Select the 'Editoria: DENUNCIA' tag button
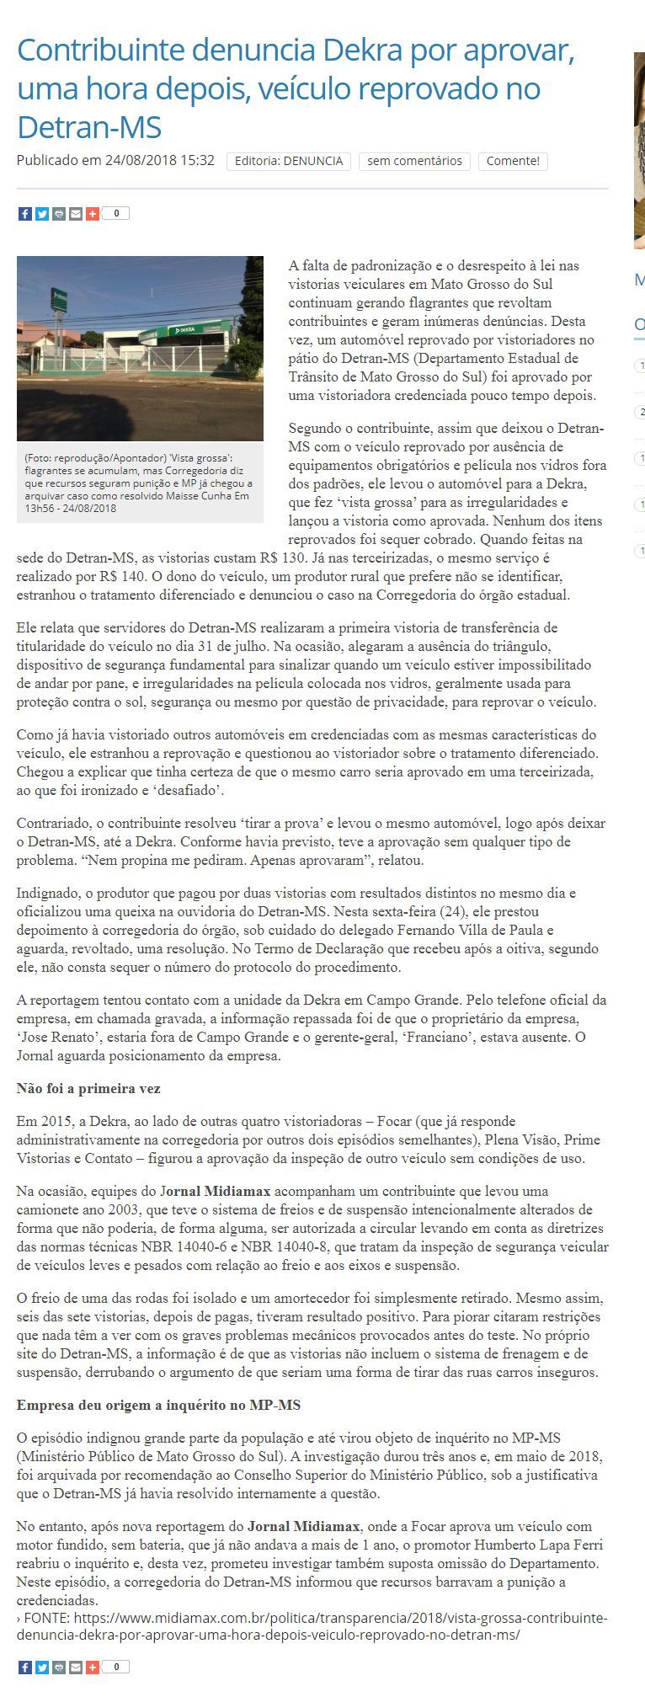(289, 161)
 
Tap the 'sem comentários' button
(414, 161)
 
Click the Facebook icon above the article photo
(24, 214)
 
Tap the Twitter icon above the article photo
(41, 214)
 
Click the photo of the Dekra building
(140, 349)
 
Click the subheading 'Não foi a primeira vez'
(88, 1089)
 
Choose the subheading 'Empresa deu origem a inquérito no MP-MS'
(158, 1406)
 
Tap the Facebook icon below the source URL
(24, 1667)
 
